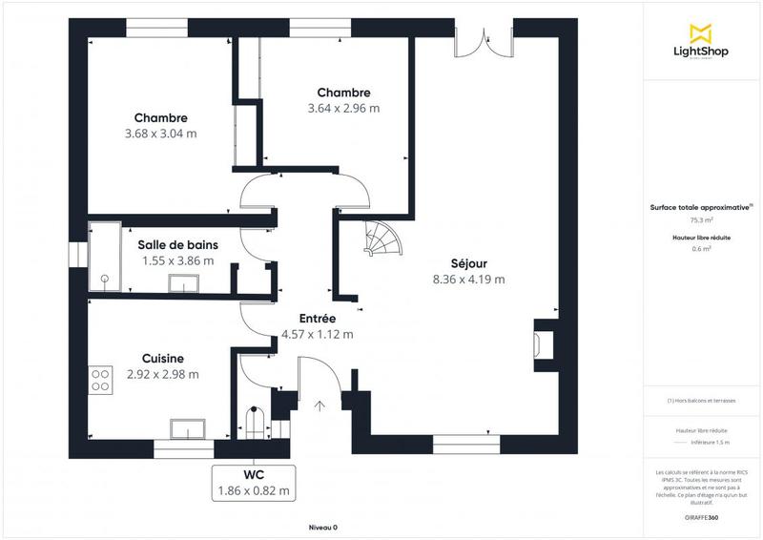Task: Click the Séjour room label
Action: click(x=467, y=263)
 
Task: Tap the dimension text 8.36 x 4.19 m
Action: click(x=467, y=280)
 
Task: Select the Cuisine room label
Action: click(x=162, y=359)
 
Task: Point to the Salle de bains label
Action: click(x=177, y=244)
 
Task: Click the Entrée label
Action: click(x=317, y=319)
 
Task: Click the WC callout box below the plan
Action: click(x=253, y=483)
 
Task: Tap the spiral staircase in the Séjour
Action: click(x=385, y=239)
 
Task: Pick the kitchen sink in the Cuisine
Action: click(x=188, y=427)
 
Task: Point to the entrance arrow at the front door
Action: click(x=319, y=405)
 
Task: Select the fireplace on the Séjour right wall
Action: click(x=545, y=343)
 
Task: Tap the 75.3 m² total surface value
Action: click(x=701, y=219)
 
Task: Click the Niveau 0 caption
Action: click(x=322, y=527)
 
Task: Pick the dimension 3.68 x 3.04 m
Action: click(x=160, y=134)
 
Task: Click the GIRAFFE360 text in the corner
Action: click(x=701, y=515)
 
